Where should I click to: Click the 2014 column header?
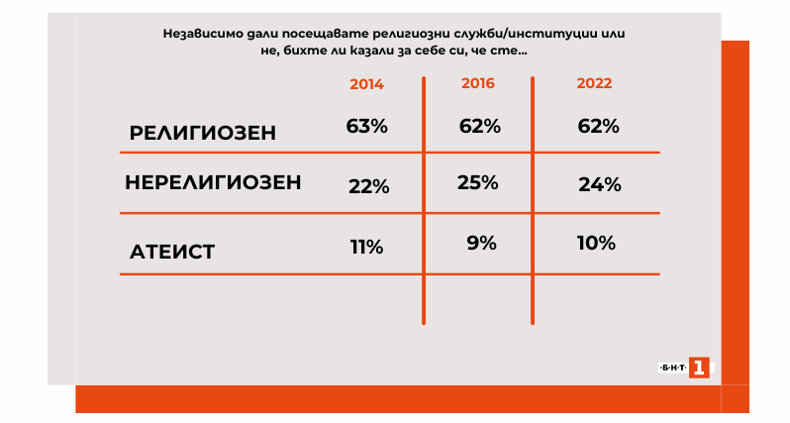coord(366,84)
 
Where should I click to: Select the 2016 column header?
coord(478,82)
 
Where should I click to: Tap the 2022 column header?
coord(594,83)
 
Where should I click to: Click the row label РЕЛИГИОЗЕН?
coord(202,133)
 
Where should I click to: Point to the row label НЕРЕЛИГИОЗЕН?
coord(213,183)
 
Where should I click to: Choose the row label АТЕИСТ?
coord(172,252)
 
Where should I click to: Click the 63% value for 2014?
coord(366,127)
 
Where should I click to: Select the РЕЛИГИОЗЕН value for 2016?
coord(480,127)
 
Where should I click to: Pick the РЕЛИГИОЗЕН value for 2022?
coord(598,127)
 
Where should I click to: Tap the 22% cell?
coord(368,186)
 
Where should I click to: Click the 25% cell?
coord(478,182)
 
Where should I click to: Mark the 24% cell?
coord(599,184)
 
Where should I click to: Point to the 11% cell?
coord(366,247)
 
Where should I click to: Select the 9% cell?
coord(481,241)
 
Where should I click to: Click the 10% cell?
coord(596,243)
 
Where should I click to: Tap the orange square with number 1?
coord(699,369)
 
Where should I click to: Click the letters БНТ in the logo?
coord(672,369)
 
